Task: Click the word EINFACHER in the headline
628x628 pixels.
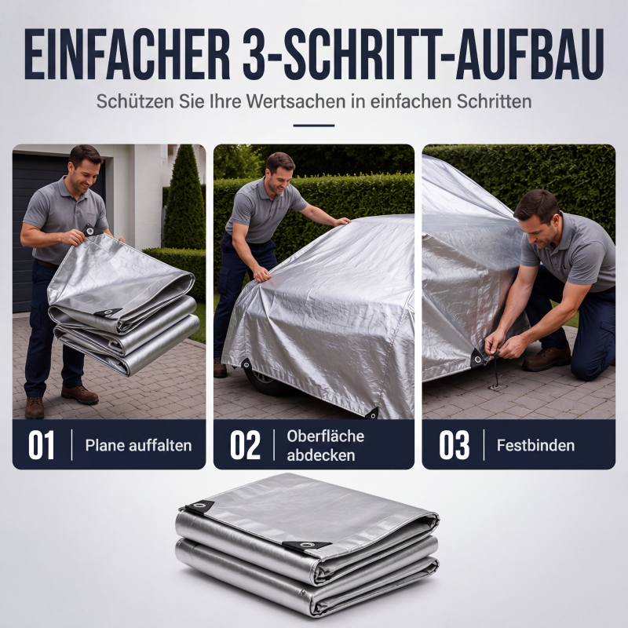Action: pyautogui.click(x=127, y=54)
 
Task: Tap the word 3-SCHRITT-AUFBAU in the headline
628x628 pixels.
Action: pyautogui.click(x=423, y=54)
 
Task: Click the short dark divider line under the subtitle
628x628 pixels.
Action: pyautogui.click(x=313, y=126)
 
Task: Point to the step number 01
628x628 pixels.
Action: pyautogui.click(x=41, y=445)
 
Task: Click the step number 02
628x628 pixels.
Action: pyautogui.click(x=245, y=445)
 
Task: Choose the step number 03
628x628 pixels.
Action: pyautogui.click(x=455, y=445)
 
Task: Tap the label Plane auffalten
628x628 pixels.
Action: pyautogui.click(x=138, y=445)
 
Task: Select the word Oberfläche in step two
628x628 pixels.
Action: pyautogui.click(x=325, y=436)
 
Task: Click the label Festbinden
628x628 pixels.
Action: pyautogui.click(x=535, y=445)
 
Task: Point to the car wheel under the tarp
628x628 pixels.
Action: pyautogui.click(x=263, y=382)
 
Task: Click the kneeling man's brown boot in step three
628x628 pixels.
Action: pyautogui.click(x=547, y=359)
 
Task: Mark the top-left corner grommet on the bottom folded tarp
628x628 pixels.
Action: pyautogui.click(x=199, y=506)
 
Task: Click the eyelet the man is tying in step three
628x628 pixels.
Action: pyautogui.click(x=477, y=357)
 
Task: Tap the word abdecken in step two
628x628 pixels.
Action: pyautogui.click(x=321, y=455)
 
